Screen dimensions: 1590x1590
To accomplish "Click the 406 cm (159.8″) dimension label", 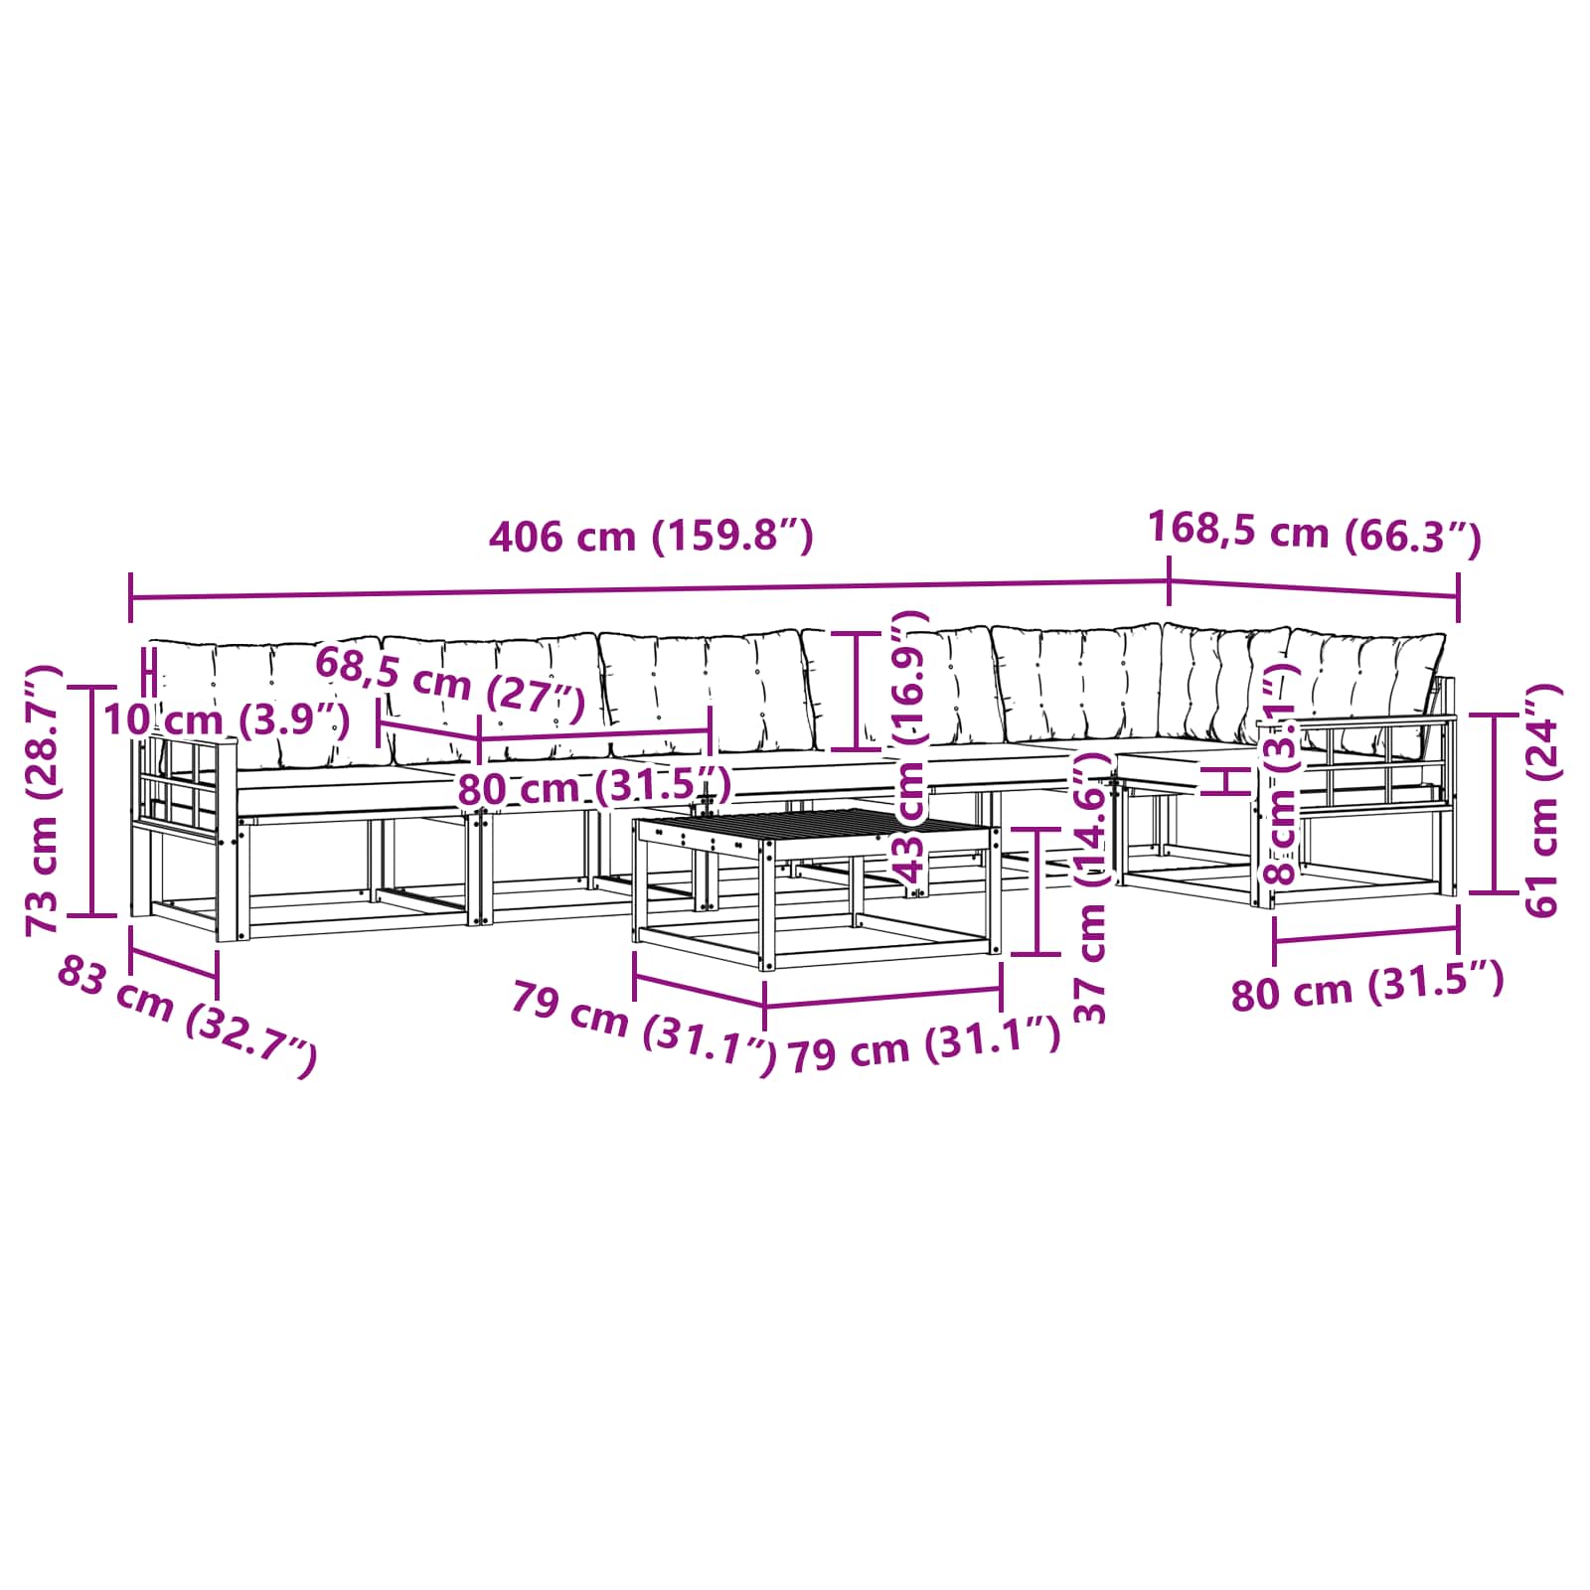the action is pyautogui.click(x=652, y=537).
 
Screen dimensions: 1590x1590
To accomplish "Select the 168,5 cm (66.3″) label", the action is pyautogui.click(x=1315, y=534).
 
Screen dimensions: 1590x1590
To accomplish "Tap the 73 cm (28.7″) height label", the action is pyautogui.click(x=45, y=800).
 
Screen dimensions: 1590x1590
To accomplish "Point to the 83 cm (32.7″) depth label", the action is pyautogui.click(x=188, y=1015).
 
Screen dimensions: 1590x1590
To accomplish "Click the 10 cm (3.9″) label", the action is pyautogui.click(x=227, y=719).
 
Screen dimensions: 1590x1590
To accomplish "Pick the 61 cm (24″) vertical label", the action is pyautogui.click(x=1541, y=800).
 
